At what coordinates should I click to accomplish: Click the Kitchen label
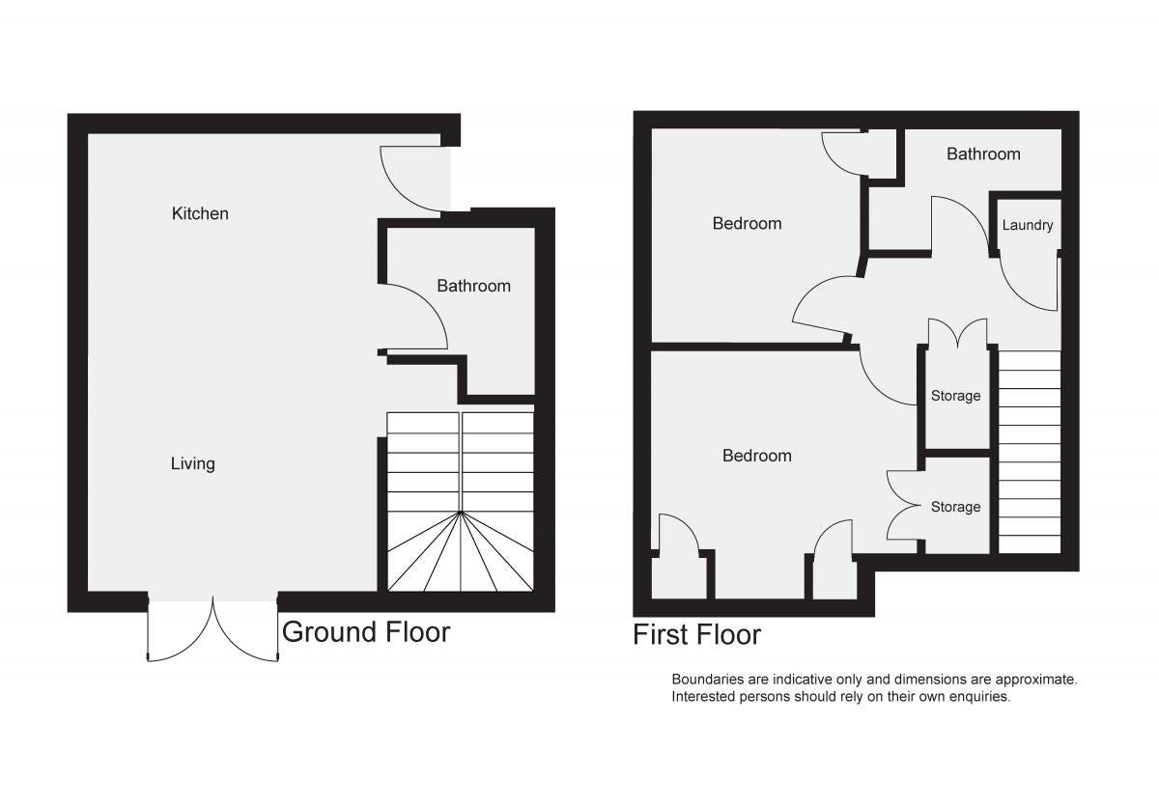click(x=200, y=213)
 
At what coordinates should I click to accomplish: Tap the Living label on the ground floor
click(x=192, y=463)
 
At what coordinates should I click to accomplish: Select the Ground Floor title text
click(x=366, y=631)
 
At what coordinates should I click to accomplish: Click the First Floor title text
click(x=696, y=634)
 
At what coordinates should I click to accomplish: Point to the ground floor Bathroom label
click(x=473, y=286)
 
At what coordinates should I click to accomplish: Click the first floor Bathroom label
click(x=983, y=154)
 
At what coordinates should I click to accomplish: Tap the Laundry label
click(x=1027, y=225)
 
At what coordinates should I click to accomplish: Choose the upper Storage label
click(x=955, y=396)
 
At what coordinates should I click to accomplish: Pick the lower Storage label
click(x=955, y=507)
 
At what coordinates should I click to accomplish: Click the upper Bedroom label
click(x=747, y=223)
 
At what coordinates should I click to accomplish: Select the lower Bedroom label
click(x=756, y=456)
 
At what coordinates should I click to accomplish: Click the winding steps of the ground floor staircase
click(x=460, y=552)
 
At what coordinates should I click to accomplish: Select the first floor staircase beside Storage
click(x=1030, y=452)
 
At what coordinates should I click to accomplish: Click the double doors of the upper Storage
click(x=958, y=333)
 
